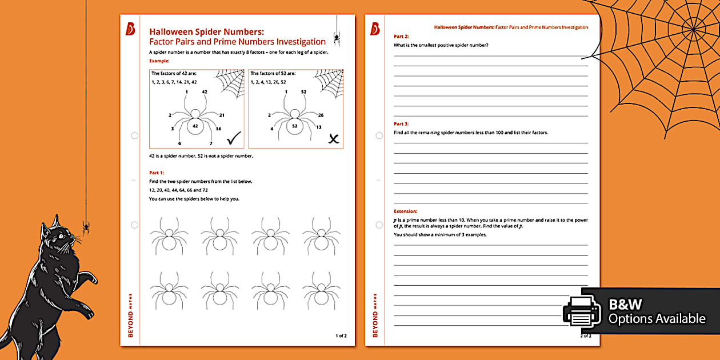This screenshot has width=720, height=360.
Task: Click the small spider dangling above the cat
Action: (86, 228)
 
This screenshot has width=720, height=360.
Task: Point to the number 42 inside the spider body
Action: (195, 126)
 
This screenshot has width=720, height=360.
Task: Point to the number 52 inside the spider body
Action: (295, 126)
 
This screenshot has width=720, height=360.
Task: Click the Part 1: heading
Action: (157, 172)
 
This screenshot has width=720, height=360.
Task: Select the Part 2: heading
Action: (401, 36)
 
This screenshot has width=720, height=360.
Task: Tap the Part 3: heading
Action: (401, 123)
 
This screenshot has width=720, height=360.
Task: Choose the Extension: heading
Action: (405, 211)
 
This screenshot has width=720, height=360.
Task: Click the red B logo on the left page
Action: (130, 29)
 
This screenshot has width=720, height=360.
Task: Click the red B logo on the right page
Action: (375, 29)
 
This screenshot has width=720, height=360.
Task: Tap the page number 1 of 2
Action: (341, 335)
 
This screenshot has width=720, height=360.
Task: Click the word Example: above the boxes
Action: (159, 60)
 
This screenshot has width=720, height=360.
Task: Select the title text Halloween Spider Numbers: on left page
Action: (206, 32)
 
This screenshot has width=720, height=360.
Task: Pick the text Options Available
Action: (657, 319)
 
